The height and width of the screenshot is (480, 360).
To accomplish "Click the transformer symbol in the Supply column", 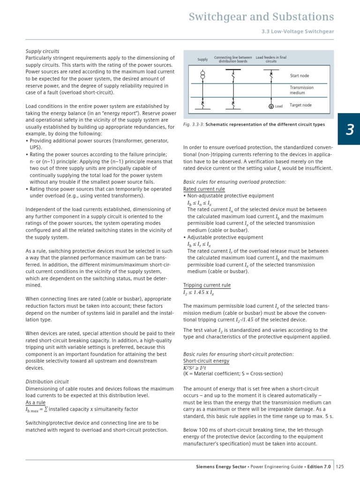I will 202,75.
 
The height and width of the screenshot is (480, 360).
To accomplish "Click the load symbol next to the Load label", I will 271,106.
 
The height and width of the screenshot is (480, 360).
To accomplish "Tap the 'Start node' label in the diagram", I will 300,76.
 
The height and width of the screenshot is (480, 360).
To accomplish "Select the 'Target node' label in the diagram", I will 300,105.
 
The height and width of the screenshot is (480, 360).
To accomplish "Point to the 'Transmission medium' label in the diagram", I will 301,90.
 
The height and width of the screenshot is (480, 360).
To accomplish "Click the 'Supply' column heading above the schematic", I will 202,60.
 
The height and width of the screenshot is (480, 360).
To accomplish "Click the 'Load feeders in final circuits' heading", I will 271,59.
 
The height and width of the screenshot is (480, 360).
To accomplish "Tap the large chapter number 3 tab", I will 349,129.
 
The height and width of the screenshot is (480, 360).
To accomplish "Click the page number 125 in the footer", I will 340,466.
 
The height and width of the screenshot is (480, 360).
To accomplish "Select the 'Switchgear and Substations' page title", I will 261,17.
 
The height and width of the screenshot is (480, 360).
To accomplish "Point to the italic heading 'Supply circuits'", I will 42,51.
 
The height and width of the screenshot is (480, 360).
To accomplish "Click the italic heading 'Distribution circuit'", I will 47,381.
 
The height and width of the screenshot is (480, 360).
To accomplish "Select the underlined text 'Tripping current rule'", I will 206,285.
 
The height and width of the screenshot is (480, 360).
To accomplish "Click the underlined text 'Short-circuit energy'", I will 206,361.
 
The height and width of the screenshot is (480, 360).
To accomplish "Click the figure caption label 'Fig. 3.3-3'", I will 193,125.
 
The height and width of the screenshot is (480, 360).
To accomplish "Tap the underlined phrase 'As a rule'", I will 35,402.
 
